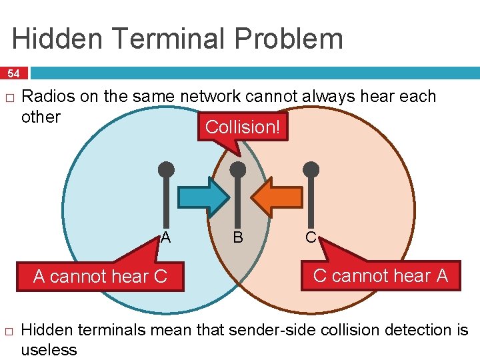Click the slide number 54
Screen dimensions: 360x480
coord(14,73)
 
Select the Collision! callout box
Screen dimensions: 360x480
coord(243,127)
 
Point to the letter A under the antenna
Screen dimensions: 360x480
coord(165,237)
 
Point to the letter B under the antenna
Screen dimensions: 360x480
coord(237,237)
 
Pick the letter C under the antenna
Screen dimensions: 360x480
coord(311,237)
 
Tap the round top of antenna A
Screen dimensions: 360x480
coord(166,169)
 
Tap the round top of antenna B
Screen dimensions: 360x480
coord(238,169)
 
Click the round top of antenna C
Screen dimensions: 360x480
coord(311,169)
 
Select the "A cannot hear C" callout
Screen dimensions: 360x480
coord(100,276)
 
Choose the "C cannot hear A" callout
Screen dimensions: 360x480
coord(380,275)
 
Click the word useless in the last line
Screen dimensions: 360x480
coord(49,349)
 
